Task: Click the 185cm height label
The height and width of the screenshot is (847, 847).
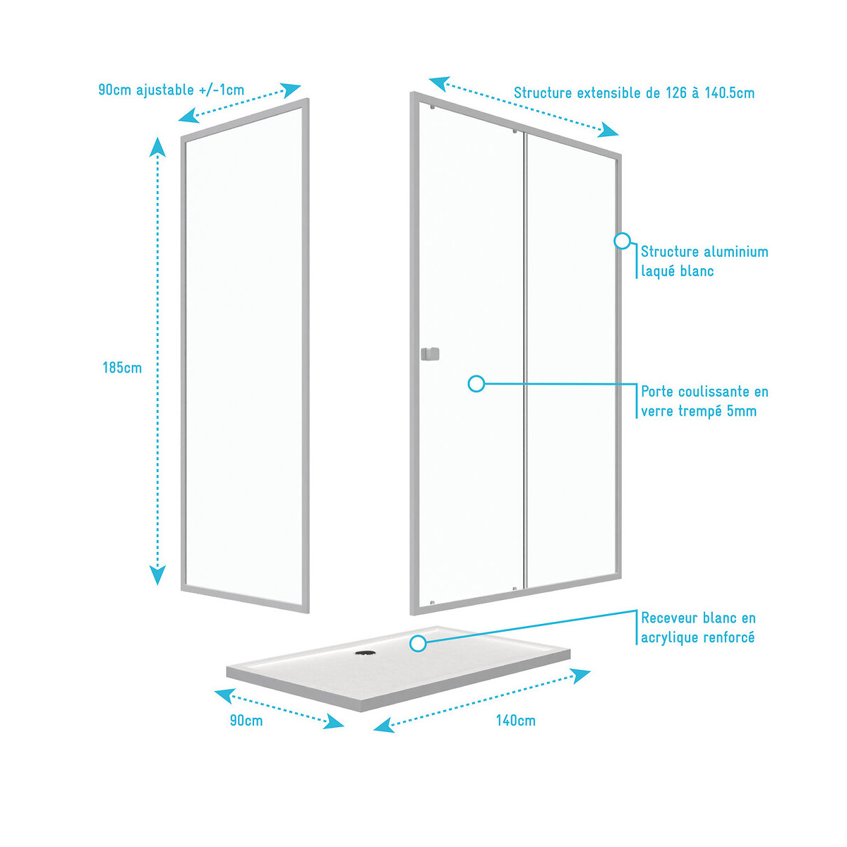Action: tap(122, 368)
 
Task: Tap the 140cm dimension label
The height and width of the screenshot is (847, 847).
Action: tap(515, 721)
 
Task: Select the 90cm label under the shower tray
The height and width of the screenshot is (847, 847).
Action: tap(246, 721)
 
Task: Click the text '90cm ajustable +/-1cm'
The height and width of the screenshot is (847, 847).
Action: tap(172, 90)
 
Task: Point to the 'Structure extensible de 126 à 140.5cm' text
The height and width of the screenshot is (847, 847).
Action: tap(634, 93)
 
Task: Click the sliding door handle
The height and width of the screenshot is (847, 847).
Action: tap(429, 354)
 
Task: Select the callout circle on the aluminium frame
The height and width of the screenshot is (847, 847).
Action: tap(622, 241)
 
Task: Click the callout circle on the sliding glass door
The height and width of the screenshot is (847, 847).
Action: tap(476, 384)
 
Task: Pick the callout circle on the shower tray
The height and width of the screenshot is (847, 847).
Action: tap(418, 643)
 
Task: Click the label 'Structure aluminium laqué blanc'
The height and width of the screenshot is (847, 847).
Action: tap(704, 261)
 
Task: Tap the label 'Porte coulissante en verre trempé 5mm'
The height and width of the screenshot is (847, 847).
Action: tap(704, 401)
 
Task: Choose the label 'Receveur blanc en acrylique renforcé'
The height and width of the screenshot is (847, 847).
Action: tap(698, 627)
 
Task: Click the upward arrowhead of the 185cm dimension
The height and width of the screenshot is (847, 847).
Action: tap(157, 147)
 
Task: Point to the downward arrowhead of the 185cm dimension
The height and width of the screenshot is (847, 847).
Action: tap(157, 575)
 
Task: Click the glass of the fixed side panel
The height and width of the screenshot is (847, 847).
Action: tap(244, 353)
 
